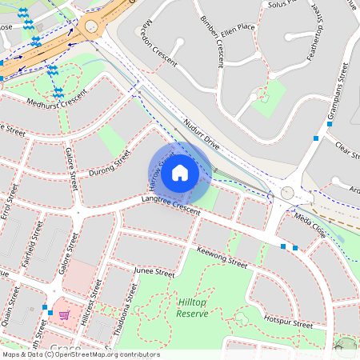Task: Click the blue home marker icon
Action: tap(180, 172)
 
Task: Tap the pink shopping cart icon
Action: tap(63, 316)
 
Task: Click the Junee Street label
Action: tap(153, 273)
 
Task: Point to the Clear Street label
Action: tap(348, 150)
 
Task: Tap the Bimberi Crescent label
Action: tap(213, 40)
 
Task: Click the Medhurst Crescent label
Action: tap(56, 102)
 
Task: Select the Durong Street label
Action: tap(110, 159)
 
